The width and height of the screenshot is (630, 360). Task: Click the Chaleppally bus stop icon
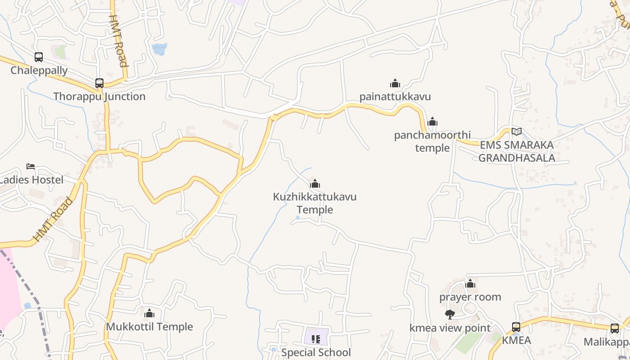(39, 57)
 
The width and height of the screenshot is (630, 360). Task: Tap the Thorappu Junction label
(99, 96)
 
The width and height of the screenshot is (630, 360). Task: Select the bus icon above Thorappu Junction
(99, 83)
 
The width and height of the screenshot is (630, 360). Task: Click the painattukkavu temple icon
(395, 83)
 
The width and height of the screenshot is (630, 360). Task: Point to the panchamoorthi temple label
(432, 141)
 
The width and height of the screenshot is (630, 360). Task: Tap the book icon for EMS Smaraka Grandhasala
(517, 132)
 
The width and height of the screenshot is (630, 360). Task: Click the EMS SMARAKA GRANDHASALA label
(517, 151)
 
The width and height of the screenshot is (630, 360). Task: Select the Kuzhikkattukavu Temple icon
(315, 184)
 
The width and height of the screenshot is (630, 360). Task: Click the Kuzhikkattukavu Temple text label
(315, 203)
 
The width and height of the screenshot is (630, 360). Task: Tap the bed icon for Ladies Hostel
(31, 166)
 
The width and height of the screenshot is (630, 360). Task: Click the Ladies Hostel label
(31, 180)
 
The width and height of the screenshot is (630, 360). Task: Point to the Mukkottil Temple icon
(149, 313)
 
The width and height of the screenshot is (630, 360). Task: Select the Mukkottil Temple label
(149, 327)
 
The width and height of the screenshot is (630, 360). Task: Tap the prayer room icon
(470, 283)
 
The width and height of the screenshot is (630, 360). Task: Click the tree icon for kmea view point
(449, 315)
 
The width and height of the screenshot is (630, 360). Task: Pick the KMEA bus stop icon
(516, 327)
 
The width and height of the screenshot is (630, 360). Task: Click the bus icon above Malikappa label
(615, 328)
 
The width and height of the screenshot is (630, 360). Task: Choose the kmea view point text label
(450, 328)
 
